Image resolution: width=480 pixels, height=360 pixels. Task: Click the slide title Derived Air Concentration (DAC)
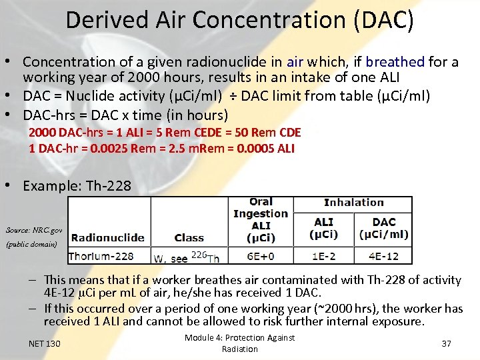click(x=239, y=20)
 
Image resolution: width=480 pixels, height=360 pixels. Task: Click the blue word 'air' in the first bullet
click(x=295, y=62)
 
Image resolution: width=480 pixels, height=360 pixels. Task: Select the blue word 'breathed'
click(x=395, y=62)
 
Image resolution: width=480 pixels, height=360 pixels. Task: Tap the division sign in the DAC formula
click(x=232, y=97)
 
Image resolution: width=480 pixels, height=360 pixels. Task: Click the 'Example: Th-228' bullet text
click(x=77, y=186)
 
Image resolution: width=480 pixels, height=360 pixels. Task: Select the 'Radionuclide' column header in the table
click(x=107, y=237)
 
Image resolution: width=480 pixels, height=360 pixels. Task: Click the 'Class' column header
click(x=189, y=237)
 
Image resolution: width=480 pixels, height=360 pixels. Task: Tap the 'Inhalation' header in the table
click(x=354, y=202)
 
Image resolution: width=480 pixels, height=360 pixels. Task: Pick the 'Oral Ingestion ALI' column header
click(x=261, y=220)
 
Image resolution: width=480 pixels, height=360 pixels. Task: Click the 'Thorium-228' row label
click(x=101, y=256)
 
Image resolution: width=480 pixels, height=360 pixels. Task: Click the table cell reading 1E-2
click(x=324, y=256)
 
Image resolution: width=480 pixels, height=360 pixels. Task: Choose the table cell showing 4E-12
click(x=384, y=256)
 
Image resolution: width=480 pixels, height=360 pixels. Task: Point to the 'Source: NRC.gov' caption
click(x=34, y=230)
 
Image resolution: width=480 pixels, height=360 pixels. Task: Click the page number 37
click(x=447, y=343)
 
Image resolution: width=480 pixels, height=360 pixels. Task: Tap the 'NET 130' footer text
click(x=45, y=343)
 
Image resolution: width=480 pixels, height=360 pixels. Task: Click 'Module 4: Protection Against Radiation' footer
click(x=239, y=343)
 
